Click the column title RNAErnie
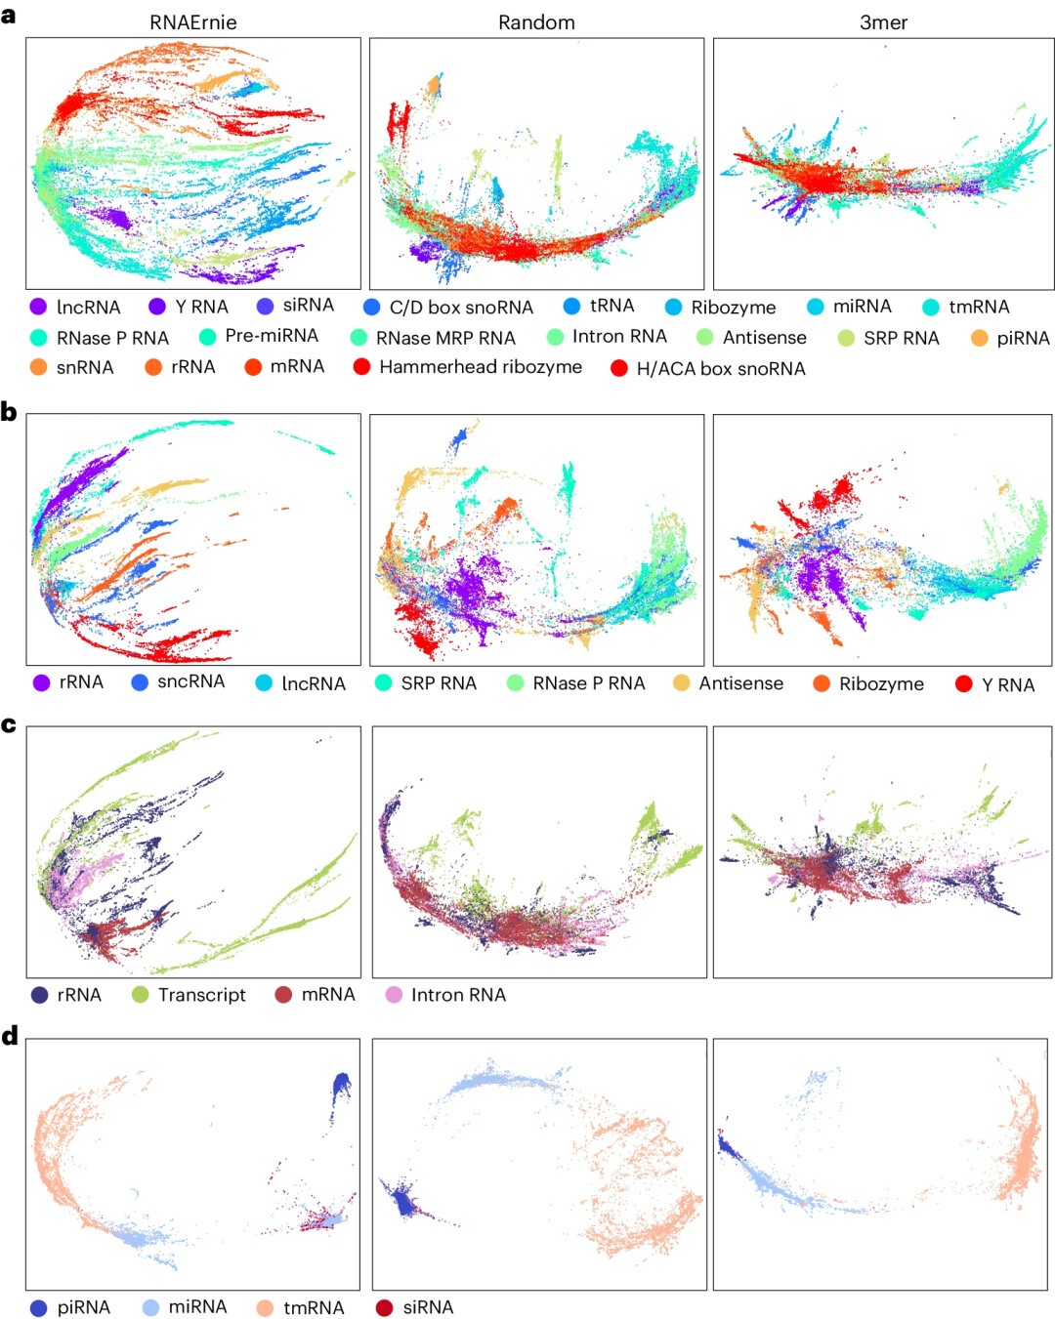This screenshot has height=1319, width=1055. pyautogui.click(x=192, y=22)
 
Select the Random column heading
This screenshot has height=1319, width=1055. pyautogui.click(x=536, y=22)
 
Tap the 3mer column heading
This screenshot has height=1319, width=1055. pyautogui.click(x=883, y=22)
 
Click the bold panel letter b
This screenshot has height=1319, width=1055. pyautogui.click(x=9, y=412)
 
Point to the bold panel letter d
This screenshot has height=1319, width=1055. pyautogui.click(x=10, y=1035)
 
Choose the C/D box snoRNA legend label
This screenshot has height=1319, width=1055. pyautogui.click(x=461, y=308)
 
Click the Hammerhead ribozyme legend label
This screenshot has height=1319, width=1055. pyautogui.click(x=481, y=367)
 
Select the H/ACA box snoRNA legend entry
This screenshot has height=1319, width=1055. pyautogui.click(x=721, y=369)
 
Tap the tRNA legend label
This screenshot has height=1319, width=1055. pyautogui.click(x=612, y=306)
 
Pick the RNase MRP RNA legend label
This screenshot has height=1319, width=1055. pyautogui.click(x=445, y=338)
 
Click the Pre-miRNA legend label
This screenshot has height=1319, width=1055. pyautogui.click(x=272, y=336)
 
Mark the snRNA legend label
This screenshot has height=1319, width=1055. pyautogui.click(x=85, y=368)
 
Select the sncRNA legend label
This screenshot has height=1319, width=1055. pyautogui.click(x=190, y=681)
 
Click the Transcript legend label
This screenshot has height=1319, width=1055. pyautogui.click(x=202, y=995)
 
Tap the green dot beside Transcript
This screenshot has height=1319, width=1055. pyautogui.click(x=140, y=995)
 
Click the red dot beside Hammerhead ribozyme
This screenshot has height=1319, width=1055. pyautogui.click(x=361, y=367)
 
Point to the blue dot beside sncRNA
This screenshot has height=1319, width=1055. pyautogui.click(x=140, y=682)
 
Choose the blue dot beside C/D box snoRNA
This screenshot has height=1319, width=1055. pyautogui.click(x=371, y=308)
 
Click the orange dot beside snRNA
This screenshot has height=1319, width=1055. pyautogui.click(x=38, y=368)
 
